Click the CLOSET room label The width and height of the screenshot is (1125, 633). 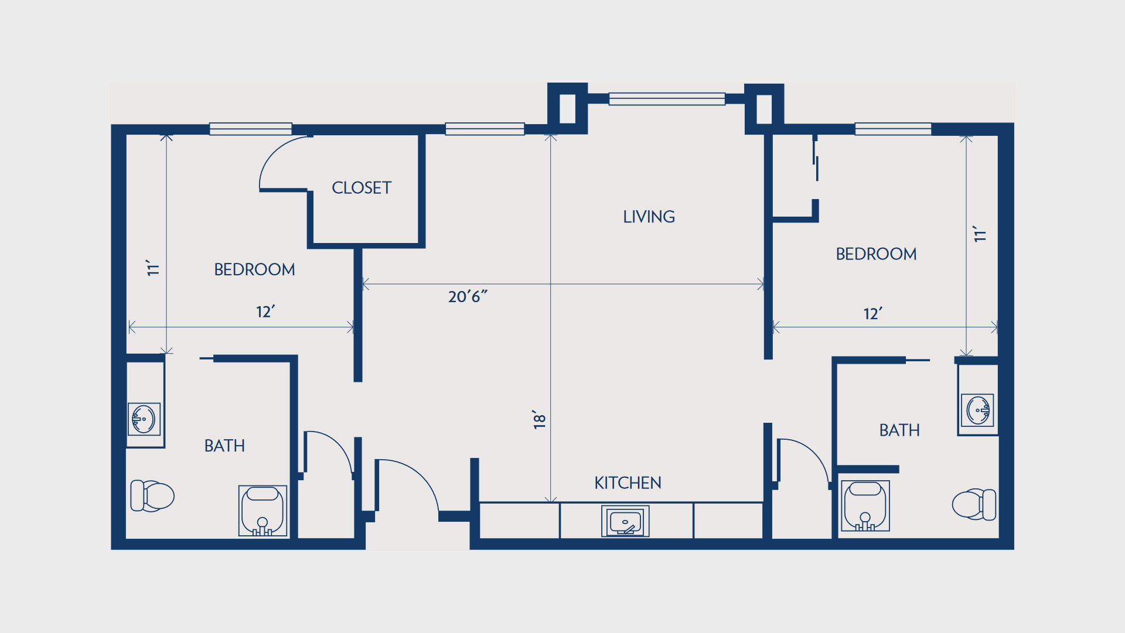[x=362, y=188]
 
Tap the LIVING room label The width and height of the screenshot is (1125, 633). [x=649, y=217]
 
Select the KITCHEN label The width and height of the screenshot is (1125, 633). [x=628, y=483]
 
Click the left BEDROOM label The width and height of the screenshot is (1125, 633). [x=254, y=269]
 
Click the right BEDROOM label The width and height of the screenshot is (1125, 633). [x=876, y=254]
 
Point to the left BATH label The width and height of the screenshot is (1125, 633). [x=224, y=446]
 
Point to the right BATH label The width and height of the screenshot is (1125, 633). [x=899, y=430]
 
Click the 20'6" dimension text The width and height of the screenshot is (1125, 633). [x=468, y=296]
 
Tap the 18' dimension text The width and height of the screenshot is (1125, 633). [x=539, y=419]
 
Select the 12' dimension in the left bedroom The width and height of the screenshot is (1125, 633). [x=265, y=312]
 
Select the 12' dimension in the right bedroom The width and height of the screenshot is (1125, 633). [x=873, y=314]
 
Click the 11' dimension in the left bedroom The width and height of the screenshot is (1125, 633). [x=152, y=268]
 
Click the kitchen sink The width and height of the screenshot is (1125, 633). [x=625, y=521]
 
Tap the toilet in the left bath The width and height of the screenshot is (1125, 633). [x=152, y=496]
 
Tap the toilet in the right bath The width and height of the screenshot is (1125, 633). [x=974, y=504]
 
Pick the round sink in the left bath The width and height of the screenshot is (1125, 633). [x=144, y=419]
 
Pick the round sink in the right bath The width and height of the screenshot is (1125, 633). [x=977, y=410]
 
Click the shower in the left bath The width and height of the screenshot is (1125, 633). [x=262, y=511]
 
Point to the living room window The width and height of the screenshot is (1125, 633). [x=667, y=99]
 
